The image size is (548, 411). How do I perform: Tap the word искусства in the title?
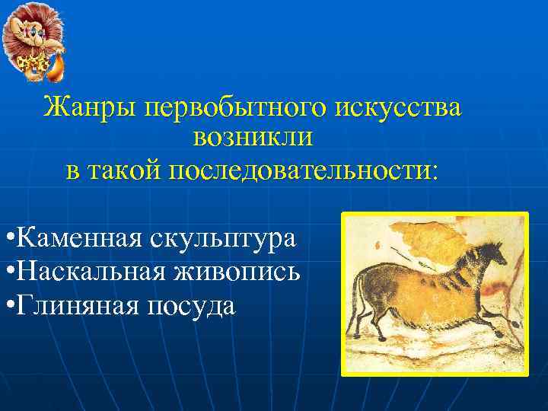(396, 107)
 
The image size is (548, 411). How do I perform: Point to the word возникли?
(253, 139)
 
